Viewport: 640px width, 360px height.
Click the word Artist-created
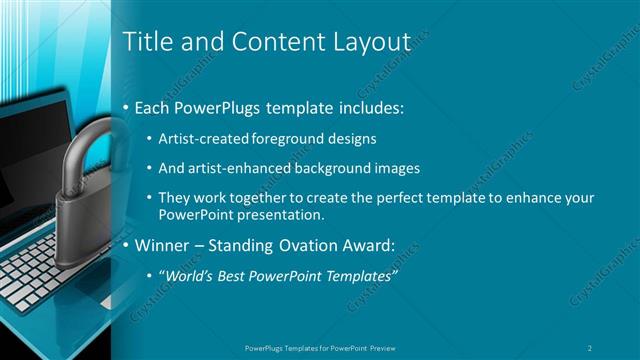[200, 139]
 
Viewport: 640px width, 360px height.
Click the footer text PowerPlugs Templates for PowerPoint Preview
[320, 347]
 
